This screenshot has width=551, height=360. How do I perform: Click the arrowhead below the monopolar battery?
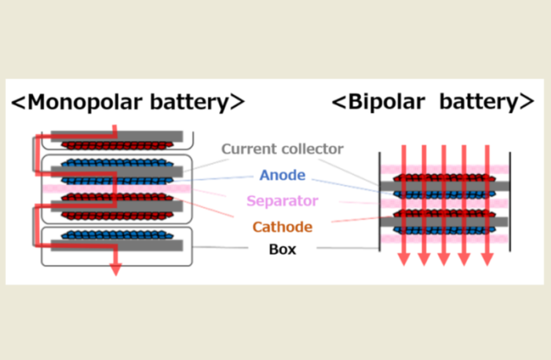(x=115, y=269)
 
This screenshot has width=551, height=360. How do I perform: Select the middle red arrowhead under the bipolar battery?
(x=444, y=259)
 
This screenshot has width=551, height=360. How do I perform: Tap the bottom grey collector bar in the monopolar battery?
(x=118, y=245)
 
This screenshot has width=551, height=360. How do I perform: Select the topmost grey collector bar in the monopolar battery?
(x=118, y=136)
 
